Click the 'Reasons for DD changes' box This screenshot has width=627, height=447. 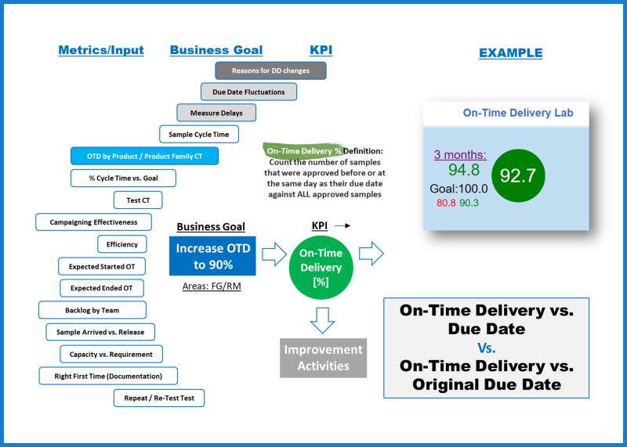[x=270, y=70]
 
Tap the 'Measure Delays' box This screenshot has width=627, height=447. [x=216, y=113]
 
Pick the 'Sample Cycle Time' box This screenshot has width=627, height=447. [x=199, y=135]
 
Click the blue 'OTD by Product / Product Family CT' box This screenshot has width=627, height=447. [x=144, y=156]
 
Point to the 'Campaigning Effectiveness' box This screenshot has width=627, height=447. [x=93, y=222]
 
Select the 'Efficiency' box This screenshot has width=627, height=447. [x=122, y=244]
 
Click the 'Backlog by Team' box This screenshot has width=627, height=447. [x=92, y=310]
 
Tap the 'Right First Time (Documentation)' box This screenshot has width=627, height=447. [x=108, y=376]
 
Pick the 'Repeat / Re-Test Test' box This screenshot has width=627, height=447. [x=159, y=398]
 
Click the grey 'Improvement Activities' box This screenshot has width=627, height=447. [x=323, y=357]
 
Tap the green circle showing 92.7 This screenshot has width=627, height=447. [x=517, y=175]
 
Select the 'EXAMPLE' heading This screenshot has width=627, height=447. [x=510, y=53]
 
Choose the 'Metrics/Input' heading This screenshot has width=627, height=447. [x=101, y=50]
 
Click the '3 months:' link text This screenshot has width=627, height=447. [x=460, y=154]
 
